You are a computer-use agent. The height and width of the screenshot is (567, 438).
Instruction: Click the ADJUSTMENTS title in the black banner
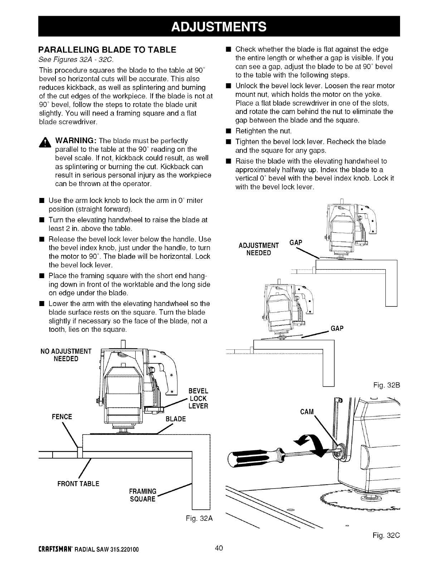click(219, 26)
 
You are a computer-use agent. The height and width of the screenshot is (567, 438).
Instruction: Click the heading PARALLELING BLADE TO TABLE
click(107, 50)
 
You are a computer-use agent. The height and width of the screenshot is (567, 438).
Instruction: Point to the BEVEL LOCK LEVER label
click(198, 398)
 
